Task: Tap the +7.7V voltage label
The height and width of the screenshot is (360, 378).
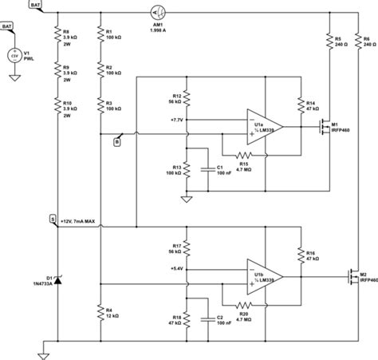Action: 177,119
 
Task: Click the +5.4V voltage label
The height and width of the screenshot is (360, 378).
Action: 177,269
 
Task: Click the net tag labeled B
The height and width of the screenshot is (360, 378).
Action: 118,142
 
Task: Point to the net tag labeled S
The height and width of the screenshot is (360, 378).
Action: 53,217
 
